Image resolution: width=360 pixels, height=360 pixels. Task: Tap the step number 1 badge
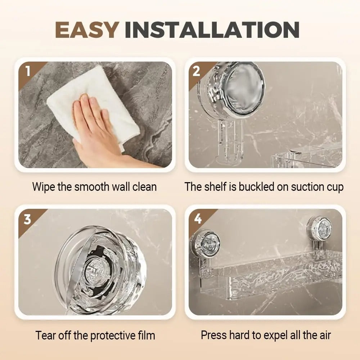[x=28, y=71]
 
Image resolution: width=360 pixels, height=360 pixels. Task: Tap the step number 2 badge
[x=196, y=71]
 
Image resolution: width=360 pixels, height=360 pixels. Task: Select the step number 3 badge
[x=27, y=219]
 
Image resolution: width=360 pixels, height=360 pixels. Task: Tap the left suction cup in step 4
[x=206, y=244]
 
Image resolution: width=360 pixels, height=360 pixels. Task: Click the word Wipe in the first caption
[x=44, y=187]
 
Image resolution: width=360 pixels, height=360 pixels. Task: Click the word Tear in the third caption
[x=46, y=336]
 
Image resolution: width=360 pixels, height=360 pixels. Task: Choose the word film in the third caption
[x=146, y=336]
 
